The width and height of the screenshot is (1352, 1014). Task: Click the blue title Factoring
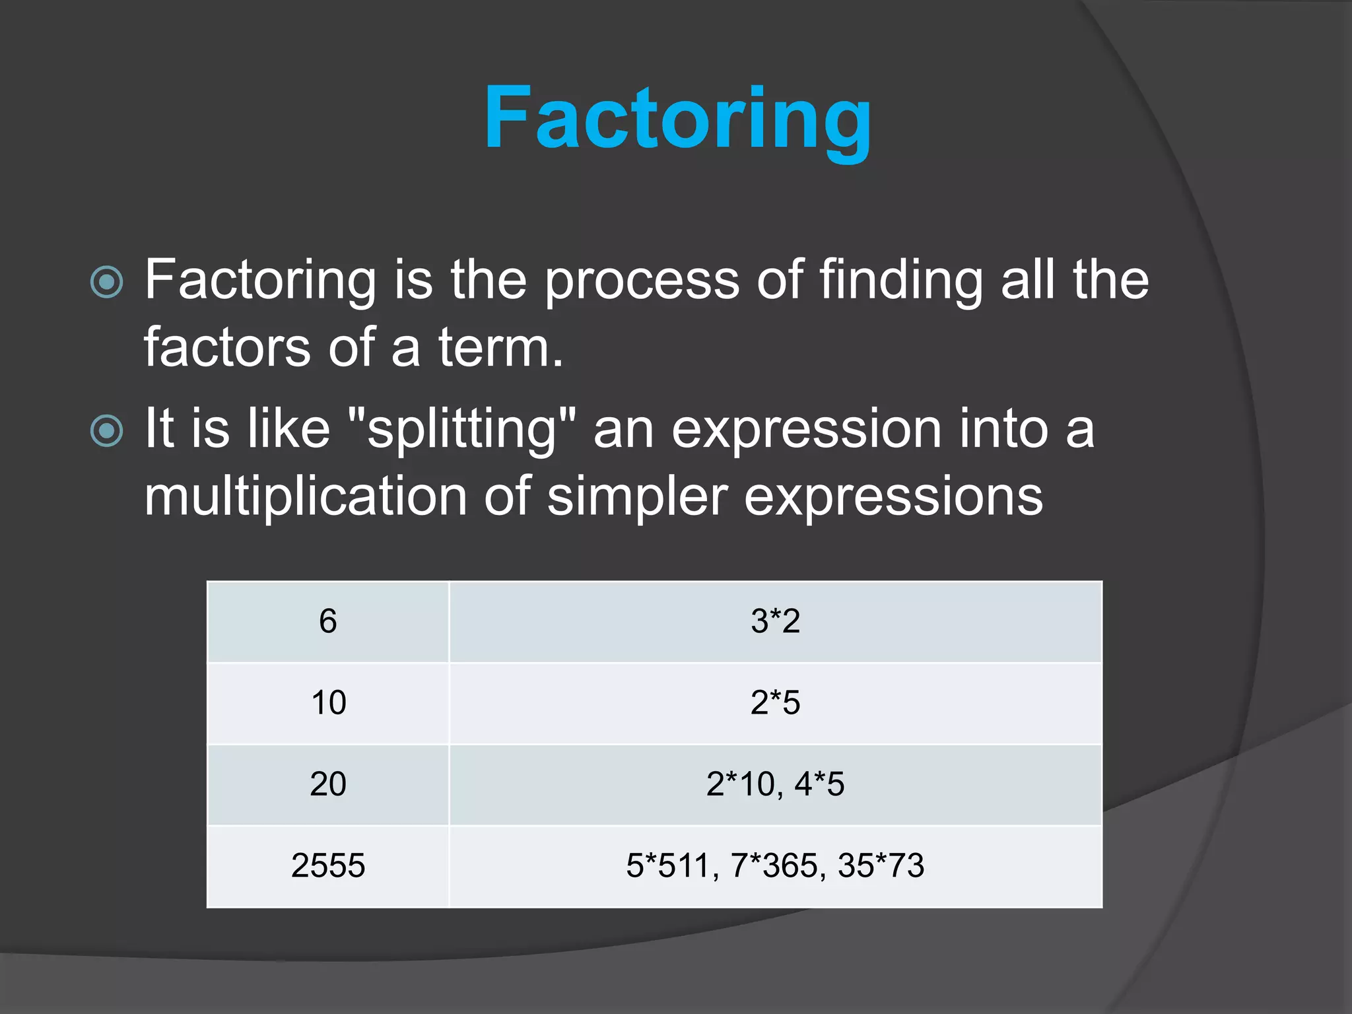pyautogui.click(x=677, y=119)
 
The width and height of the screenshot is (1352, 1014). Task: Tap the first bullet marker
pyautogui.click(x=106, y=283)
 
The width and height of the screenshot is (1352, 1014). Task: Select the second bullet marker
pyautogui.click(x=106, y=431)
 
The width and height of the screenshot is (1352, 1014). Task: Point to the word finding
pyautogui.click(x=901, y=281)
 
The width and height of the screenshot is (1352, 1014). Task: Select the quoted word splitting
pyautogui.click(x=461, y=430)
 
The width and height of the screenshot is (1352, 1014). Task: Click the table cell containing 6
pyautogui.click(x=328, y=621)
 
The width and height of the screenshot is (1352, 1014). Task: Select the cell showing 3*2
pyautogui.click(x=775, y=621)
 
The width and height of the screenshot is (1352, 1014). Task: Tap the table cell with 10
pyautogui.click(x=328, y=702)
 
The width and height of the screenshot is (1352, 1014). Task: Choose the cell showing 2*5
pyautogui.click(x=775, y=702)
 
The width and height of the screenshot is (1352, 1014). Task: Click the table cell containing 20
pyautogui.click(x=328, y=784)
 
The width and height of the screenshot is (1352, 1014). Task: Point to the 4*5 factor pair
pyautogui.click(x=819, y=784)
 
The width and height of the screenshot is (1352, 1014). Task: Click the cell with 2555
pyautogui.click(x=328, y=865)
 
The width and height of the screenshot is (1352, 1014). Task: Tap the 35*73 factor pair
pyautogui.click(x=881, y=865)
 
